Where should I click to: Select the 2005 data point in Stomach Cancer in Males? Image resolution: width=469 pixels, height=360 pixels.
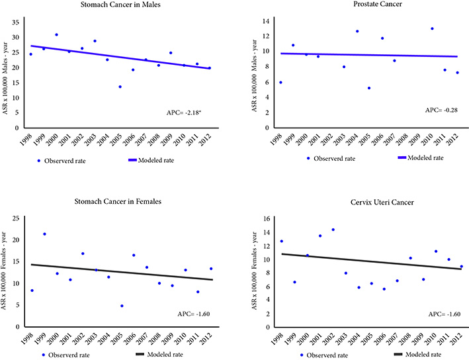[120, 87]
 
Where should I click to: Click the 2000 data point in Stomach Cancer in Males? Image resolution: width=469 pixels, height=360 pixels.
[56, 34]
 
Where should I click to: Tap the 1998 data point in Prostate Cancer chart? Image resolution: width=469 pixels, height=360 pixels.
[281, 83]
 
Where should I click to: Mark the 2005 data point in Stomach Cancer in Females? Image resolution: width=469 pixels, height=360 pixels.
[122, 306]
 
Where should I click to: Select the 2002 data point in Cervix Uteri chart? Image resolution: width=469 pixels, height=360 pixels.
[333, 230]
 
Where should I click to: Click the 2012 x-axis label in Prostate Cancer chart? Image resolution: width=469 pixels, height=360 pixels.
[457, 138]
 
